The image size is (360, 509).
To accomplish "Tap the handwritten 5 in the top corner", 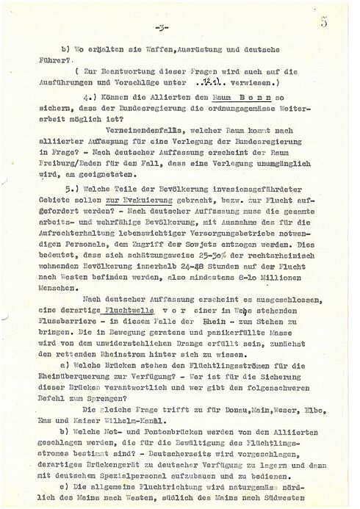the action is click(345, 21).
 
